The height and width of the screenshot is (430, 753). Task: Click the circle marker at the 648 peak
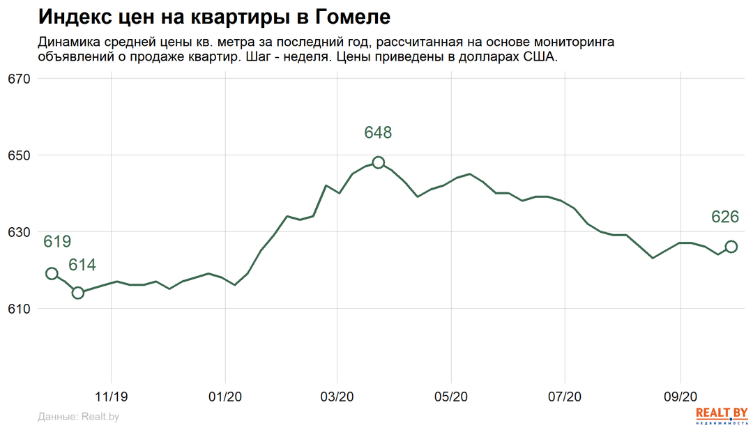click(x=378, y=162)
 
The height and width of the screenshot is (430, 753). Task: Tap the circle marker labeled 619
click(x=52, y=273)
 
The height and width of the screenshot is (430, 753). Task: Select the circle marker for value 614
click(x=77, y=293)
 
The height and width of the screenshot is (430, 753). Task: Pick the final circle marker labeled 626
click(x=731, y=247)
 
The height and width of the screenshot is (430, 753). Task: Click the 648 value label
click(x=378, y=132)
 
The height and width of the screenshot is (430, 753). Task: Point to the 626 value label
click(x=725, y=217)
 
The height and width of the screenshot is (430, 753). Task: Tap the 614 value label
click(x=82, y=265)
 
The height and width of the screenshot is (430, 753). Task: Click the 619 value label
click(x=57, y=242)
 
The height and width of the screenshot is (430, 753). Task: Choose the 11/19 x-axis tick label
click(x=112, y=397)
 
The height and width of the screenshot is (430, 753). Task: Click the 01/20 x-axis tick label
click(x=225, y=397)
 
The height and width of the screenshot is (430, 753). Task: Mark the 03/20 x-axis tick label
click(x=337, y=397)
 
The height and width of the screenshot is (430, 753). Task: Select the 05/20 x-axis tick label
click(x=451, y=397)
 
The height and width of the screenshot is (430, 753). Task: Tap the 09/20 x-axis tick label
click(x=680, y=397)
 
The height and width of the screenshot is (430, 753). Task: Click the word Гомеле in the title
click(x=353, y=17)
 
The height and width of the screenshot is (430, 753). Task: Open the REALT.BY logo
click(x=722, y=415)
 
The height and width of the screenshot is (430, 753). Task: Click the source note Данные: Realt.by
click(x=78, y=417)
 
